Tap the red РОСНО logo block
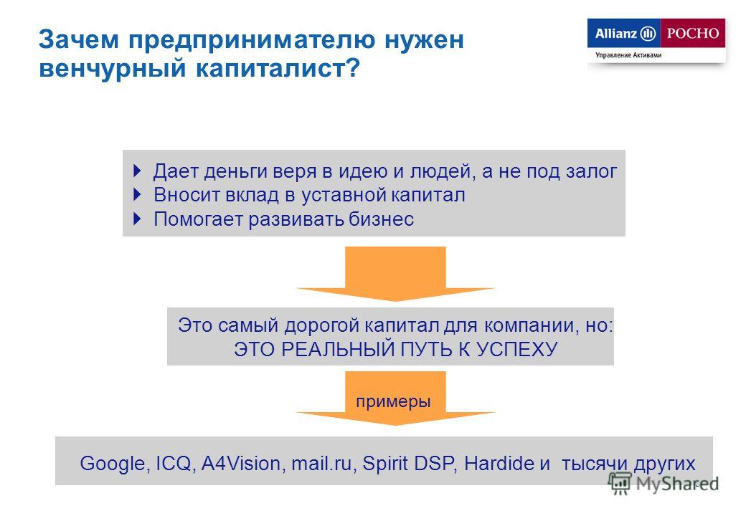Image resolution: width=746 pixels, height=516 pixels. (693, 33)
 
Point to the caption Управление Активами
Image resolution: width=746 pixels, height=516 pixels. (628, 55)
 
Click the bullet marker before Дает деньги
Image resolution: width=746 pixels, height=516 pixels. (138, 171)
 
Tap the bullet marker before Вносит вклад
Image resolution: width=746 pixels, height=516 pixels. (138, 194)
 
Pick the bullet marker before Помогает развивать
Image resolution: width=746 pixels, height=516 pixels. (138, 219)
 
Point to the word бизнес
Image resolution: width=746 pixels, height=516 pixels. (381, 219)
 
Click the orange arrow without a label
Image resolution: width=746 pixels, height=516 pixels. (395, 274)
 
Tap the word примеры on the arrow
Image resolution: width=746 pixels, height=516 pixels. (393, 401)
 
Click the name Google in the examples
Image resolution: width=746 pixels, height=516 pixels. (113, 463)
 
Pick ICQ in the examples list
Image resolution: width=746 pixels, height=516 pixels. (174, 463)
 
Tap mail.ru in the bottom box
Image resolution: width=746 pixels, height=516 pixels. (321, 463)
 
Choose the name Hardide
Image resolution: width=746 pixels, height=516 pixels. (499, 463)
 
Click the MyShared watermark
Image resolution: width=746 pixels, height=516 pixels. (664, 484)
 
